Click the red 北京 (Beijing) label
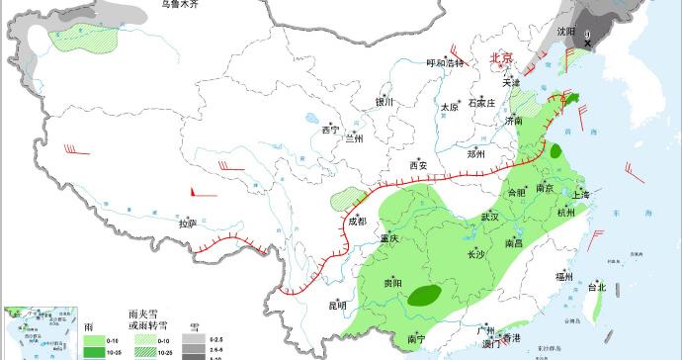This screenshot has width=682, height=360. (x=502, y=58)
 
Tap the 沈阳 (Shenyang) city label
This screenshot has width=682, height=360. (x=564, y=32)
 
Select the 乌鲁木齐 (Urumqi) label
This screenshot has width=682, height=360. (x=180, y=5)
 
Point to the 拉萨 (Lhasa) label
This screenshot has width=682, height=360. (x=188, y=225)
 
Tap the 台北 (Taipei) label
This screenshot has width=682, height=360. (x=597, y=288)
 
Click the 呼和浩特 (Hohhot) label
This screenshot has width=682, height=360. (x=444, y=63)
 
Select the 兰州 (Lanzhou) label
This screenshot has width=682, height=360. (x=354, y=138)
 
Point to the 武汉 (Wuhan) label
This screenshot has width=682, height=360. (x=491, y=217)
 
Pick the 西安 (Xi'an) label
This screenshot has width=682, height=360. (x=419, y=165)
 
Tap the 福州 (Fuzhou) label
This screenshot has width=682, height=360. (x=564, y=277)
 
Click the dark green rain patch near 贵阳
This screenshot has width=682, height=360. (x=426, y=294)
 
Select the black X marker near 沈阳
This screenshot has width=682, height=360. (x=589, y=40)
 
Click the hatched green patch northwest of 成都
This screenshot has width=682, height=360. (x=345, y=194)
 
